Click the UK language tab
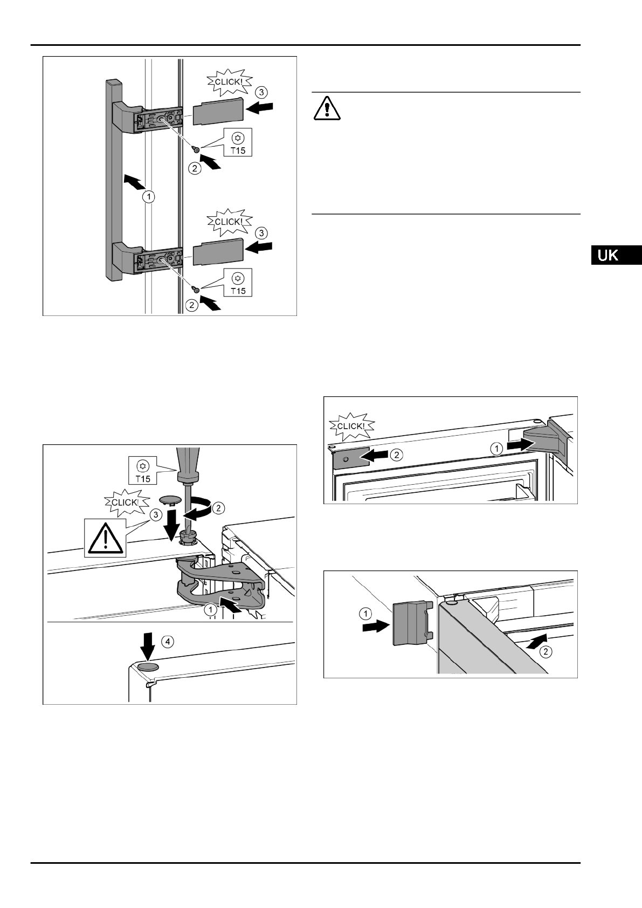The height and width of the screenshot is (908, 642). click(615, 254)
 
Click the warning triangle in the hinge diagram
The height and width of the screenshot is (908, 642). click(106, 538)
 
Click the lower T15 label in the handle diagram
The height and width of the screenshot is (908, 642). click(237, 284)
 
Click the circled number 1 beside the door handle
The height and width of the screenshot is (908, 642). click(149, 197)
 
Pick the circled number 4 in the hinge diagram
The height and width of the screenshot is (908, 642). click(169, 642)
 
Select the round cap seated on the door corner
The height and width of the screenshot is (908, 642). click(149, 668)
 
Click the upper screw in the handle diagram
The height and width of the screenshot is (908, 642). click(198, 149)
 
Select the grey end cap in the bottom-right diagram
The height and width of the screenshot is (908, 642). click(411, 623)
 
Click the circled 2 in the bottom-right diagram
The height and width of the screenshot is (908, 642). click(546, 651)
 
